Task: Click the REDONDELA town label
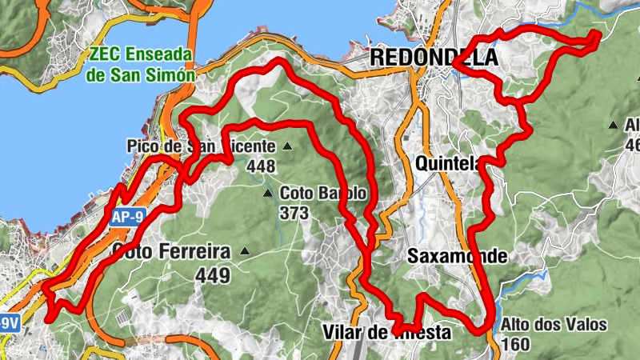(433, 58)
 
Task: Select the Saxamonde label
(456, 257)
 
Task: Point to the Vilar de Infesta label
(386, 332)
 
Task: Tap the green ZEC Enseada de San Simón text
(142, 65)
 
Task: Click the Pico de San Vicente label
(200, 146)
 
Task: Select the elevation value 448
(262, 166)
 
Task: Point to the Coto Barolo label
(323, 194)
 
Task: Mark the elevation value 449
(212, 276)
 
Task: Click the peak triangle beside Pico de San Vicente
(286, 146)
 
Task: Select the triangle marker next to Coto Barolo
(268, 194)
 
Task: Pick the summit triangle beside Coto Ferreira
(245, 252)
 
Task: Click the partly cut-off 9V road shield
(8, 323)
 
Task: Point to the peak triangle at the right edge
(613, 125)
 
